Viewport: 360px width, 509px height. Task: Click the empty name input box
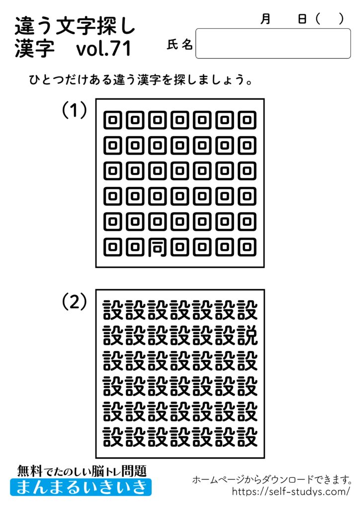click(273, 44)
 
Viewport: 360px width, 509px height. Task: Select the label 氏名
click(180, 45)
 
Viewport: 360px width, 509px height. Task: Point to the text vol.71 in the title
click(104, 49)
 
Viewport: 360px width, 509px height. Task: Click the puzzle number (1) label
click(75, 110)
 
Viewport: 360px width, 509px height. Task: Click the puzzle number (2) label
click(75, 301)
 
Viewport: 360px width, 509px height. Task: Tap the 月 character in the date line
click(266, 19)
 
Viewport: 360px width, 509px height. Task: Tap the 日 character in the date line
click(302, 19)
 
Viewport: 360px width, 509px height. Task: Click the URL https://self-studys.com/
click(291, 492)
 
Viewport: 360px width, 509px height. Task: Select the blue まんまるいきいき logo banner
click(81, 487)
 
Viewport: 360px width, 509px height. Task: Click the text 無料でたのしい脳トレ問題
click(82, 470)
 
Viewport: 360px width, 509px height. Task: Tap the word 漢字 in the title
click(34, 49)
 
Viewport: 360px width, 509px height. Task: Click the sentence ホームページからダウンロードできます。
click(272, 480)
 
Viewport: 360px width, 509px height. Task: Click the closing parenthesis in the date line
click(341, 19)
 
